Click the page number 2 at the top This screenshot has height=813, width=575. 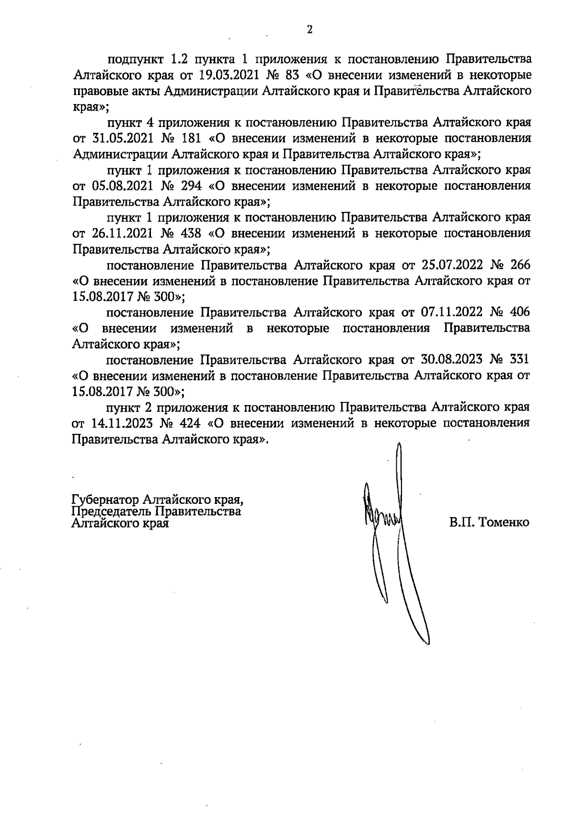point(309,30)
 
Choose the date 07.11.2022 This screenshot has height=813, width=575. point(451,313)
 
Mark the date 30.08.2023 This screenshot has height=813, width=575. point(451,360)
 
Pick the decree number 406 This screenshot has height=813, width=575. point(520,313)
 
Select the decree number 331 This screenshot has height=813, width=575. point(520,360)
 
